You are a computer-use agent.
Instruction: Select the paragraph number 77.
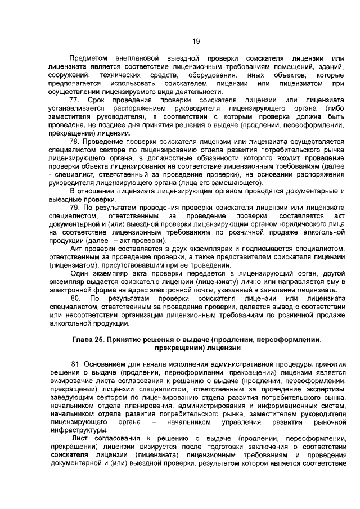[x=76, y=100]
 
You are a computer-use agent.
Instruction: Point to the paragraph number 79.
[x=76, y=208]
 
